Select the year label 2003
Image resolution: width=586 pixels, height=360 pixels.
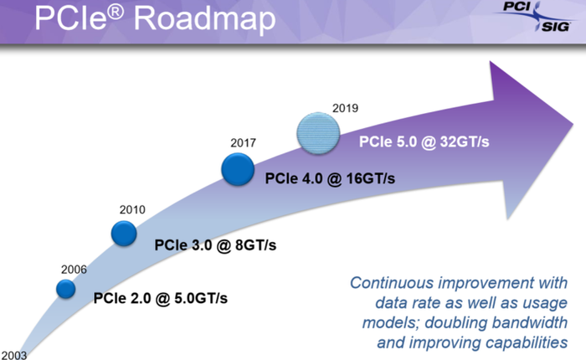tap(13, 354)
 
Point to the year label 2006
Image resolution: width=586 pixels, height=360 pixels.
tap(74, 269)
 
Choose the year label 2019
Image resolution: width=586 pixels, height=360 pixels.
tap(345, 108)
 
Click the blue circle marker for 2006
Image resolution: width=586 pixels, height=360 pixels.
tap(66, 289)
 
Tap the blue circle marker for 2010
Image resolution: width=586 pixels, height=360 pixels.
tap(124, 234)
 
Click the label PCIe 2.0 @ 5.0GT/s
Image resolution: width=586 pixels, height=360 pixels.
tap(160, 297)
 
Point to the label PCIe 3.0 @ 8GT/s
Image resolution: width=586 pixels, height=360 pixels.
tap(215, 244)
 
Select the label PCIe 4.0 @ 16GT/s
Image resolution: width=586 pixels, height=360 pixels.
tap(330, 178)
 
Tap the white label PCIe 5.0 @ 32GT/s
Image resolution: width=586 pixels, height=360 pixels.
tap(424, 141)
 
